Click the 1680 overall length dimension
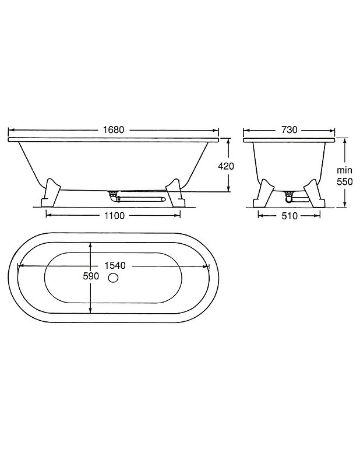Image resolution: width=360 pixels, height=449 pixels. (114, 130)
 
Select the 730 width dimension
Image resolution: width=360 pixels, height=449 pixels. (290, 130)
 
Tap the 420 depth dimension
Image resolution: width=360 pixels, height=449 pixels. (226, 166)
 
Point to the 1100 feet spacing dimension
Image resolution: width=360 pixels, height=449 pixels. (114, 216)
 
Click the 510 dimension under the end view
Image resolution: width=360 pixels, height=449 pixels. (290, 216)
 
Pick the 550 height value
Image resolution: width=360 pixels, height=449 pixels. (344, 181)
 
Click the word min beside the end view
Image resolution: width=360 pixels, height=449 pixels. (344, 170)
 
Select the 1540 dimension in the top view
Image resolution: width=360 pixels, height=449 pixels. (115, 266)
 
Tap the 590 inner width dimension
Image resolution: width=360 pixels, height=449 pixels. (91, 276)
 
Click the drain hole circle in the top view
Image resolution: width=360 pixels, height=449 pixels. (114, 278)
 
